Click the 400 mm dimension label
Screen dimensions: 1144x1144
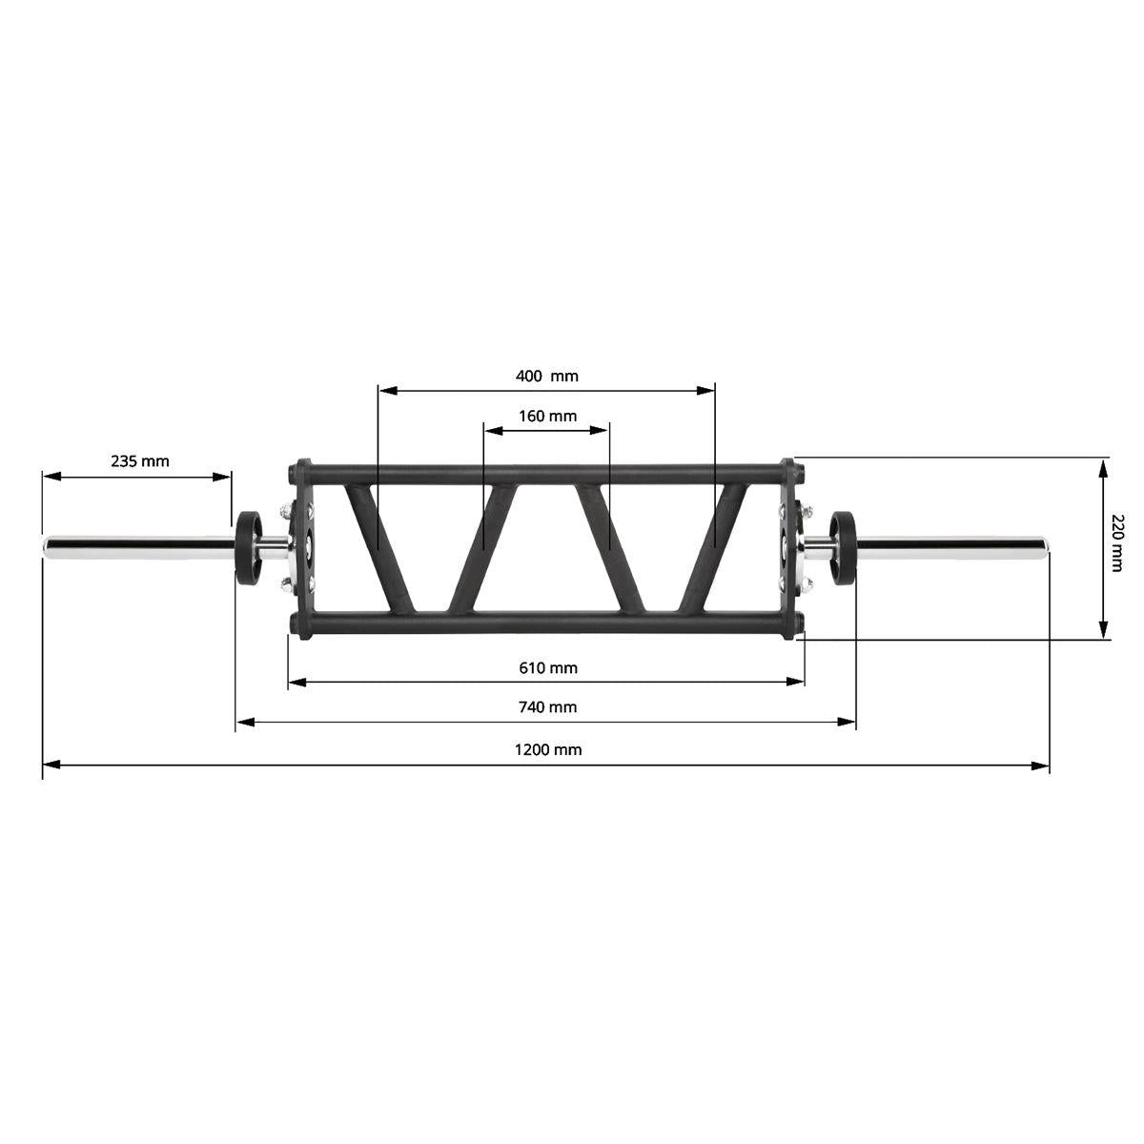546,376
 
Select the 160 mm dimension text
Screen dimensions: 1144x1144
547,416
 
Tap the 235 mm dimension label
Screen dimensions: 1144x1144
139,461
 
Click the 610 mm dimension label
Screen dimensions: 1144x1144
547,667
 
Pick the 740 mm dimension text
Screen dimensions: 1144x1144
547,707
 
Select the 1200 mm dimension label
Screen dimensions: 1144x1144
547,749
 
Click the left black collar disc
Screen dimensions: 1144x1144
250,547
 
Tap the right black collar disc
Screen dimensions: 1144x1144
844,547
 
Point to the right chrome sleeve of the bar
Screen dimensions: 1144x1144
953,547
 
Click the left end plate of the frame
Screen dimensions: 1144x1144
304,547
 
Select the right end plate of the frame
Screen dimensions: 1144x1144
789,547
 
